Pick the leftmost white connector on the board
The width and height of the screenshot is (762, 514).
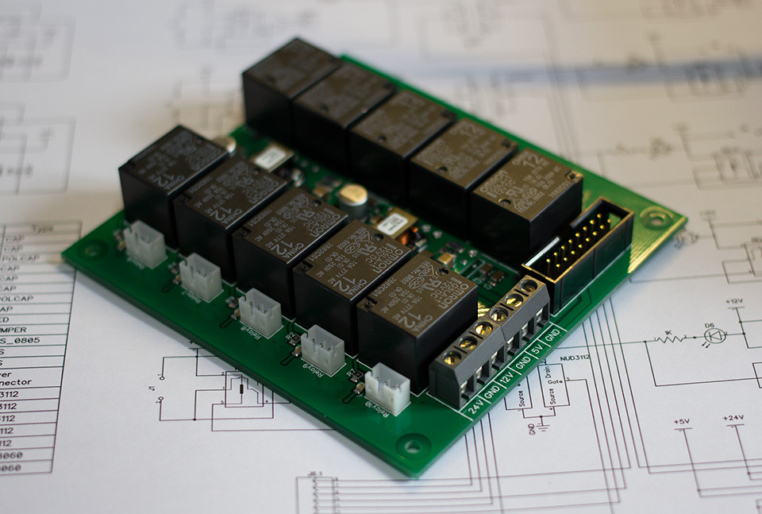(x=145, y=243)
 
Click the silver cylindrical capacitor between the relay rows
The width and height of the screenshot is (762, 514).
(x=355, y=199)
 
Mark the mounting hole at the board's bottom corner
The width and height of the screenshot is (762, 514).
(x=413, y=445)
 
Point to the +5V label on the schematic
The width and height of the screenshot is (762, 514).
(x=681, y=421)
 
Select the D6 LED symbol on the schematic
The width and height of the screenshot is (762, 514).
(x=712, y=337)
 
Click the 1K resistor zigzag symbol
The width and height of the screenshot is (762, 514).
(x=668, y=338)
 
